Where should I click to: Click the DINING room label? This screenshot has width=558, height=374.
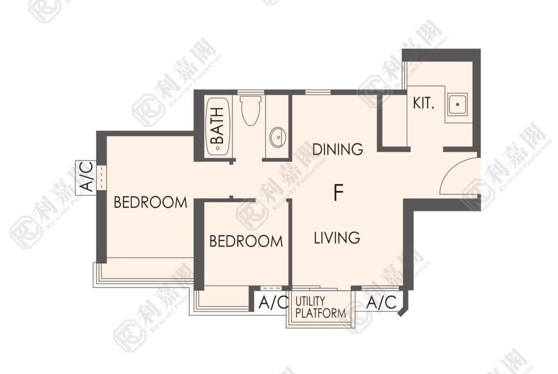coord(338,149)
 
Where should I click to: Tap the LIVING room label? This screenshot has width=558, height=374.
coord(337,238)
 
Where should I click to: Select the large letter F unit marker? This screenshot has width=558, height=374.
coord(339,192)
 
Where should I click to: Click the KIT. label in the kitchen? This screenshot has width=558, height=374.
coord(424,103)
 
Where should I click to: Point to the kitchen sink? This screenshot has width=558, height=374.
coord(458,104)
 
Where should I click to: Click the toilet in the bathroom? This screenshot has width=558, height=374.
coord(251,110)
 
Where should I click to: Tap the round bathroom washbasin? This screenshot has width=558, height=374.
coord(278,137)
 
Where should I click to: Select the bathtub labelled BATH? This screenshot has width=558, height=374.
coord(218,126)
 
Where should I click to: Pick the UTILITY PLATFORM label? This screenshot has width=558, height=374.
coord(320,307)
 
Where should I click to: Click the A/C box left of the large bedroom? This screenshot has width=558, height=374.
coord(86,177)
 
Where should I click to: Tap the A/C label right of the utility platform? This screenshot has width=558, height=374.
coord(381,303)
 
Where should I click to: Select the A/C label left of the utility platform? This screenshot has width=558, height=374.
coord(273,303)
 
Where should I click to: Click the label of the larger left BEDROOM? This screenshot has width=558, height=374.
coord(150,202)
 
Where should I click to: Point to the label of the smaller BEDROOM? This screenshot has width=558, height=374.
coord(246,242)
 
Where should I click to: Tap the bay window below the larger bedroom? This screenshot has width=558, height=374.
coord(144,273)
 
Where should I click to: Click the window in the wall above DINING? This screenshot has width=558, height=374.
coord(318,92)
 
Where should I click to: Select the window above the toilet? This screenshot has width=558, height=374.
coord(250,92)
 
